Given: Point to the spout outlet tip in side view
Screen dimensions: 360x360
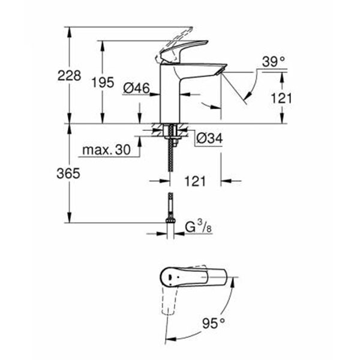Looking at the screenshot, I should (x=220, y=71).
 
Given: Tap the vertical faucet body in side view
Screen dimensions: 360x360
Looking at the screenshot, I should (x=169, y=96).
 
